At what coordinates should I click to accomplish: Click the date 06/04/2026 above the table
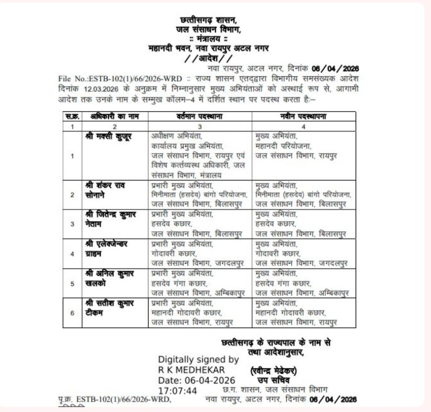click(x=335, y=68)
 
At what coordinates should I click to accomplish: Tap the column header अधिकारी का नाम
click(x=114, y=116)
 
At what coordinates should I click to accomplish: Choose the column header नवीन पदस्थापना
click(x=303, y=116)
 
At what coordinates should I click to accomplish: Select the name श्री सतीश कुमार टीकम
click(x=109, y=308)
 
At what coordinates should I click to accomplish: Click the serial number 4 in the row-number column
click(x=72, y=254)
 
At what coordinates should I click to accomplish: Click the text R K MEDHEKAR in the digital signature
click(x=192, y=370)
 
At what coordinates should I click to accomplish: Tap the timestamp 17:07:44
click(x=178, y=391)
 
